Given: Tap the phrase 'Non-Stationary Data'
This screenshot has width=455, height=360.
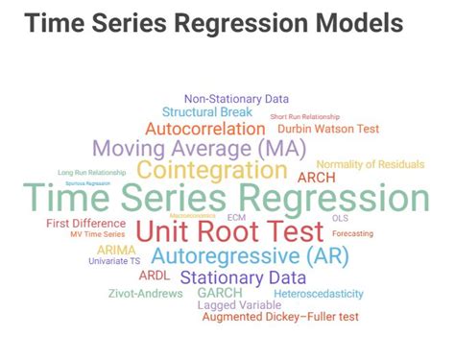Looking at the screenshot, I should [235, 98].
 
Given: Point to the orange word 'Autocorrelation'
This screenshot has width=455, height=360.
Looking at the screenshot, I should [204, 129].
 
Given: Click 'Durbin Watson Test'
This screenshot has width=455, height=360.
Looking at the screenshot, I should [328, 129].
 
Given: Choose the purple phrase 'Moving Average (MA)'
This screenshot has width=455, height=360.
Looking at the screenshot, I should [199, 149].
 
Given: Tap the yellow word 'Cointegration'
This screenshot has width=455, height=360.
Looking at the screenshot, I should [211, 171].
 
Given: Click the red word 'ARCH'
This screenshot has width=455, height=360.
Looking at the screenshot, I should [317, 178].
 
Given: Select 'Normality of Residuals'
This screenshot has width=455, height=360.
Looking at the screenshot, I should [370, 164].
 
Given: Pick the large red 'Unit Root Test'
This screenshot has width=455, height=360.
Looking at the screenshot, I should [229, 231].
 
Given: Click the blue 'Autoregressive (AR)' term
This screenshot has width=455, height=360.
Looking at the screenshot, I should [250, 256].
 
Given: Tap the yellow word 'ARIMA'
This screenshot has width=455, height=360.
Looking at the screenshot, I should [116, 250].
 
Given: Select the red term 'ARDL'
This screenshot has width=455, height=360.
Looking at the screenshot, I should [155, 276].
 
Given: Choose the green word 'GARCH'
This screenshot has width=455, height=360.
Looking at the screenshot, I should [220, 293].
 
